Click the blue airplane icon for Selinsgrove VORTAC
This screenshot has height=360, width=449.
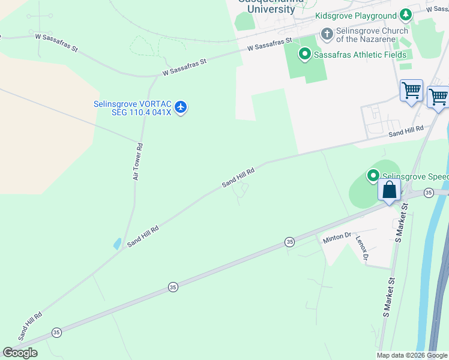click(x=181, y=108)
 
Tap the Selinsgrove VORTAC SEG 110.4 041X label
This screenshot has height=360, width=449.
click(x=132, y=108)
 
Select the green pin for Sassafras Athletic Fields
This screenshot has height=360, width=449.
click(x=305, y=55)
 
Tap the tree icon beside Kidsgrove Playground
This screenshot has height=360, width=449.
click(x=406, y=15)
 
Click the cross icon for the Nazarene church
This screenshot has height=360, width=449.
click(x=327, y=34)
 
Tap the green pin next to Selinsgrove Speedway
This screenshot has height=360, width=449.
click(x=373, y=176)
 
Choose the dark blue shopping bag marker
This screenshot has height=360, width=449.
click(x=390, y=190)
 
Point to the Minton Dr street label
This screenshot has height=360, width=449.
click(x=337, y=238)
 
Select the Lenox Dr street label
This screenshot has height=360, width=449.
click(x=362, y=247)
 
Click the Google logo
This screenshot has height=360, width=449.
click(x=20, y=353)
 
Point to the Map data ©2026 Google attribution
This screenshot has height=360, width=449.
click(x=412, y=355)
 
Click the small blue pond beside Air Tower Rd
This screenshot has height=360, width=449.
click(x=116, y=244)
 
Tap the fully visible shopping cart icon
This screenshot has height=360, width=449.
click(x=412, y=91)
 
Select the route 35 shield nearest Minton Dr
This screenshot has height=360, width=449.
click(x=290, y=242)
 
